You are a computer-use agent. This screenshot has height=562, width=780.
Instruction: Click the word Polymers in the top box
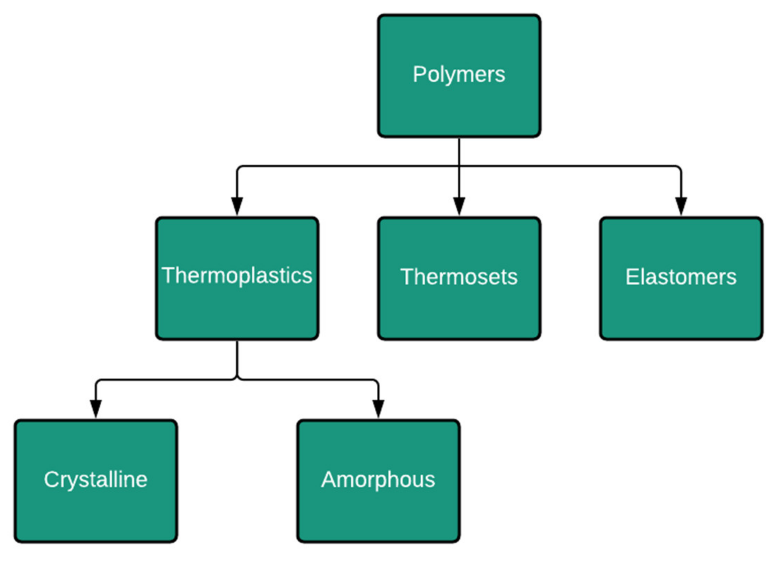[x=459, y=75]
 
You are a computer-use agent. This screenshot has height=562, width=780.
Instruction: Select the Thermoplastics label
[x=237, y=276]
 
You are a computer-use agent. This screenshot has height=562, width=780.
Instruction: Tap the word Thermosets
[x=459, y=277]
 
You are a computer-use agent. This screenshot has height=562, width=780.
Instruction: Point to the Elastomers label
[x=681, y=277]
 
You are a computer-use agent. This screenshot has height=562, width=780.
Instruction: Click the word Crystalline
[x=96, y=479]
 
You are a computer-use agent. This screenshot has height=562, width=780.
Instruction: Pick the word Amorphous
[x=378, y=479]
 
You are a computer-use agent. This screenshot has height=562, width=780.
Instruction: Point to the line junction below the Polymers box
[x=459, y=166]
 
